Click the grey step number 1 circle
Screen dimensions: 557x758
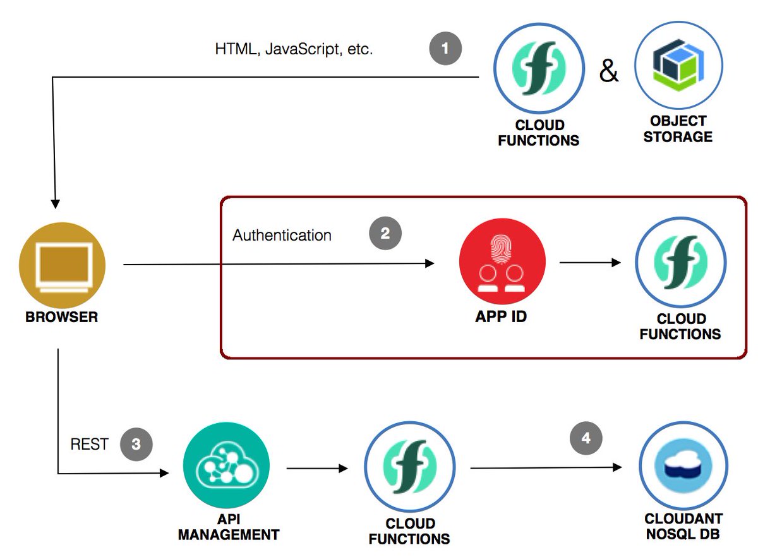(x=446, y=49)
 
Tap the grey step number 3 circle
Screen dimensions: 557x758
(x=136, y=444)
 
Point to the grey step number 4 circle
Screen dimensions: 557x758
(x=586, y=438)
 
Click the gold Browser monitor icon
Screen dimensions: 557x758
(x=62, y=264)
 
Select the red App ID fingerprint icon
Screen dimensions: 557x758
(x=502, y=261)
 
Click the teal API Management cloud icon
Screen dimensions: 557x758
(x=226, y=469)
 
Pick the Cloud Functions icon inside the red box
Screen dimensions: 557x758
(x=680, y=262)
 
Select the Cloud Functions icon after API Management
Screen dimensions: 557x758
(x=409, y=468)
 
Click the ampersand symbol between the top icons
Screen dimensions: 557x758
(x=609, y=71)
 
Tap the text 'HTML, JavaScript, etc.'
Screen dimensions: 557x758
(x=294, y=49)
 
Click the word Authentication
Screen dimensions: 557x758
(x=282, y=236)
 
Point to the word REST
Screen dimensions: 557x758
(x=89, y=445)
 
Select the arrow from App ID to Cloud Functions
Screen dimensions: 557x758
(x=591, y=262)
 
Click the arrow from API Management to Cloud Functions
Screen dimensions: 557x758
(x=317, y=469)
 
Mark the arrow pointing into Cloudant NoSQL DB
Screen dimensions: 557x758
(x=546, y=468)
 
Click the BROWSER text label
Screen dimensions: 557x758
(x=62, y=317)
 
